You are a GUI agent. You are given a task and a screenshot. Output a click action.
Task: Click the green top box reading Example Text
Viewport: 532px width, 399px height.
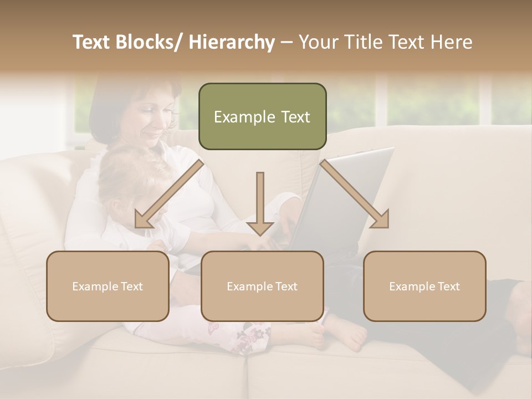262,116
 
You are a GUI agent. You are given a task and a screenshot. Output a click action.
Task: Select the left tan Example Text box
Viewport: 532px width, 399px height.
108,286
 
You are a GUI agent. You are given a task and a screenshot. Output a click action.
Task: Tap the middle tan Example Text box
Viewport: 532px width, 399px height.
262,286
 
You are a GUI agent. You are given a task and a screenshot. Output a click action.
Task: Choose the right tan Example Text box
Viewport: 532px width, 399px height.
424,286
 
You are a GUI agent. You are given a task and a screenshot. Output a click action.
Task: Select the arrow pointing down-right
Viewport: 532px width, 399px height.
355,194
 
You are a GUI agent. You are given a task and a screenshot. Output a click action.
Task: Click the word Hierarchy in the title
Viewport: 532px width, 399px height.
232,42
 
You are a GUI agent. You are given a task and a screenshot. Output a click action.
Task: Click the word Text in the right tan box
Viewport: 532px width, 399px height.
448,286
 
